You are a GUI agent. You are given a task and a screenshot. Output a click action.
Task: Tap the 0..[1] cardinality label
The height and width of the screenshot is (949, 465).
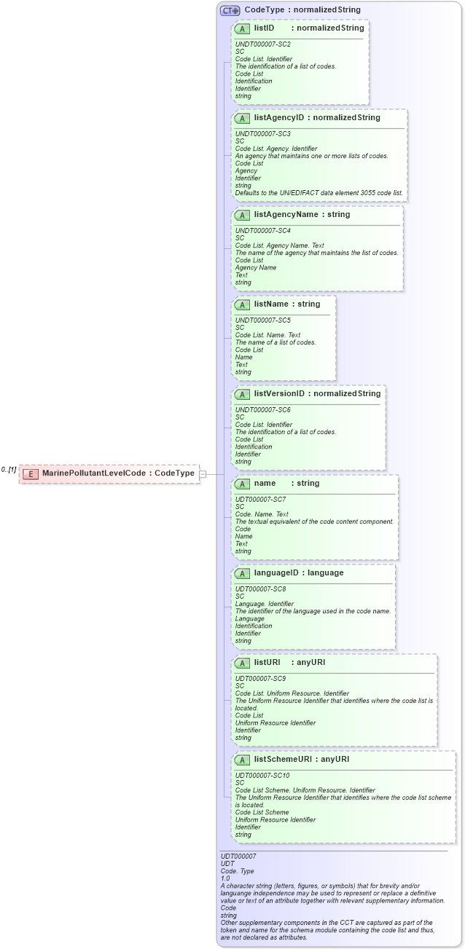(x=9, y=470)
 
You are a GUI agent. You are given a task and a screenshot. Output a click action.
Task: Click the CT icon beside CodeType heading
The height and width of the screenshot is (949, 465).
(x=230, y=10)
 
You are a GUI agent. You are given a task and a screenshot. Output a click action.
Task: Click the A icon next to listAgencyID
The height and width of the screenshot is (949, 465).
(x=243, y=117)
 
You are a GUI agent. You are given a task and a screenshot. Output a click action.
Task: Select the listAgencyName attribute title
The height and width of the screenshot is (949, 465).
(x=291, y=214)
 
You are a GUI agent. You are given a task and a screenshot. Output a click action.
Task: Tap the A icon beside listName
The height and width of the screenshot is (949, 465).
(x=243, y=304)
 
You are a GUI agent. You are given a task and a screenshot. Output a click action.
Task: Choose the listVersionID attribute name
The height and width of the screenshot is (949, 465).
(x=279, y=393)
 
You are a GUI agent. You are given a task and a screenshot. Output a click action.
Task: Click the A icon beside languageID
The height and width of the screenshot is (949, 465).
(x=243, y=573)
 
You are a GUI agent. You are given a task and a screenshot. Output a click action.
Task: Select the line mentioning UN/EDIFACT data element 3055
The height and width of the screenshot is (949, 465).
(x=319, y=193)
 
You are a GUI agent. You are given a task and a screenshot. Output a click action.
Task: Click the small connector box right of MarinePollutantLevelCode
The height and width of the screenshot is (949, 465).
(x=203, y=473)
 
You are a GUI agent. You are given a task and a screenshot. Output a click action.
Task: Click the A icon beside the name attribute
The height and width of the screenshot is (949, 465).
(x=243, y=484)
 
